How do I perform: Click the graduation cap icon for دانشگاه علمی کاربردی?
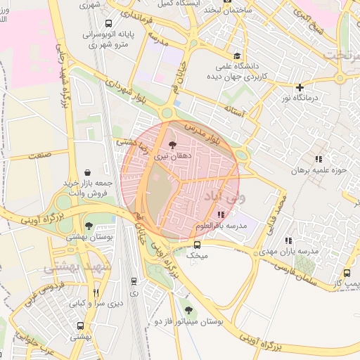pyautogui.click(x=237, y=56)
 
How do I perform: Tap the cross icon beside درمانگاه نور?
pyautogui.click(x=300, y=88)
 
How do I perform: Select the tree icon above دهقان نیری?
pyautogui.click(x=173, y=144)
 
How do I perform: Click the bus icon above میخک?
pyautogui.click(x=197, y=245)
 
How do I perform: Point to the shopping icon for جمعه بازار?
pyautogui.click(x=87, y=172)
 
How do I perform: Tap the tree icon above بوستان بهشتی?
pyautogui.click(x=88, y=226)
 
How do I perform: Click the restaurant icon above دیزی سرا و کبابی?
pyautogui.click(x=96, y=292)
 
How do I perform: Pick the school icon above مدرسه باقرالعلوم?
pyautogui.click(x=221, y=214)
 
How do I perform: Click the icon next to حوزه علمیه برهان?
pyautogui.click(x=319, y=160)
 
